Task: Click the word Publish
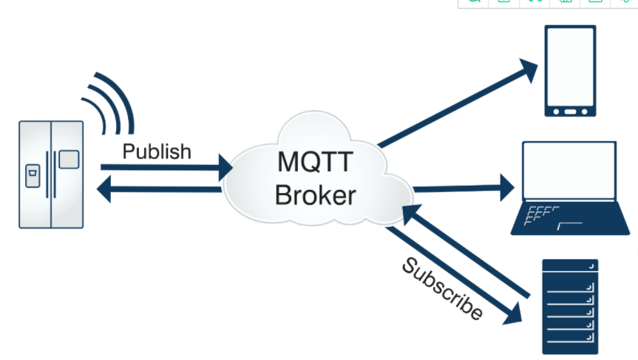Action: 157,152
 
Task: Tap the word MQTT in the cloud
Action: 315,162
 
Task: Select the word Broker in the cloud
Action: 316,195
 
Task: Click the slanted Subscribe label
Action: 442,288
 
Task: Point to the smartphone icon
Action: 570,71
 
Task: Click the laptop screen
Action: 569,171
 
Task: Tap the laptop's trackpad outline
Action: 570,225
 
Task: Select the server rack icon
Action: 570,307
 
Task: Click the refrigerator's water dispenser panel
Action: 33,176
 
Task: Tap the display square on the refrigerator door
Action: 69,160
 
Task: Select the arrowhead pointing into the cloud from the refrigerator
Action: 225,168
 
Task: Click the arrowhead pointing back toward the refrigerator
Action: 103,189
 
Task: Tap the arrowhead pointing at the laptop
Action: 507,188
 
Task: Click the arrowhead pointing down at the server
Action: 514,314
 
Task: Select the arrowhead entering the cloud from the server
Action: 411,214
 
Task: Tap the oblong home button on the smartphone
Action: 570,112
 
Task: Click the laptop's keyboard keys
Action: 540,215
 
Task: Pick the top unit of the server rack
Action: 570,265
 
